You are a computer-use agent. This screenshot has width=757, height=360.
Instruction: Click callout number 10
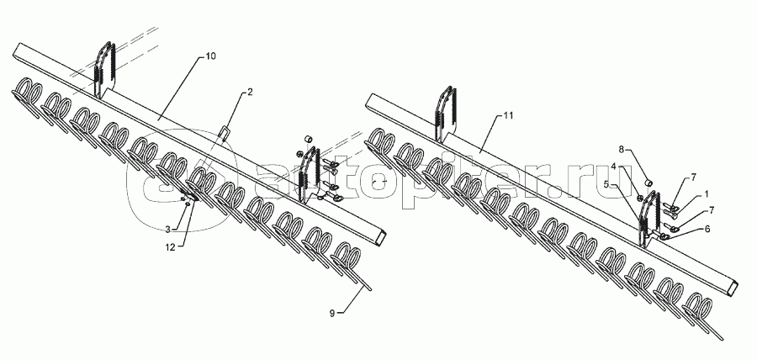tap(210, 56)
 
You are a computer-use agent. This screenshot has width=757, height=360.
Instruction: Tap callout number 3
tap(169, 230)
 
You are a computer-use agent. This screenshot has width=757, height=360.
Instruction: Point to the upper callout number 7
tap(693, 177)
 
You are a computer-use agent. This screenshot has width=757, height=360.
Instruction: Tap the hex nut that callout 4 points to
tap(643, 197)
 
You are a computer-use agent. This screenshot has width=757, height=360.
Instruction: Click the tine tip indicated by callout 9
tap(370, 288)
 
